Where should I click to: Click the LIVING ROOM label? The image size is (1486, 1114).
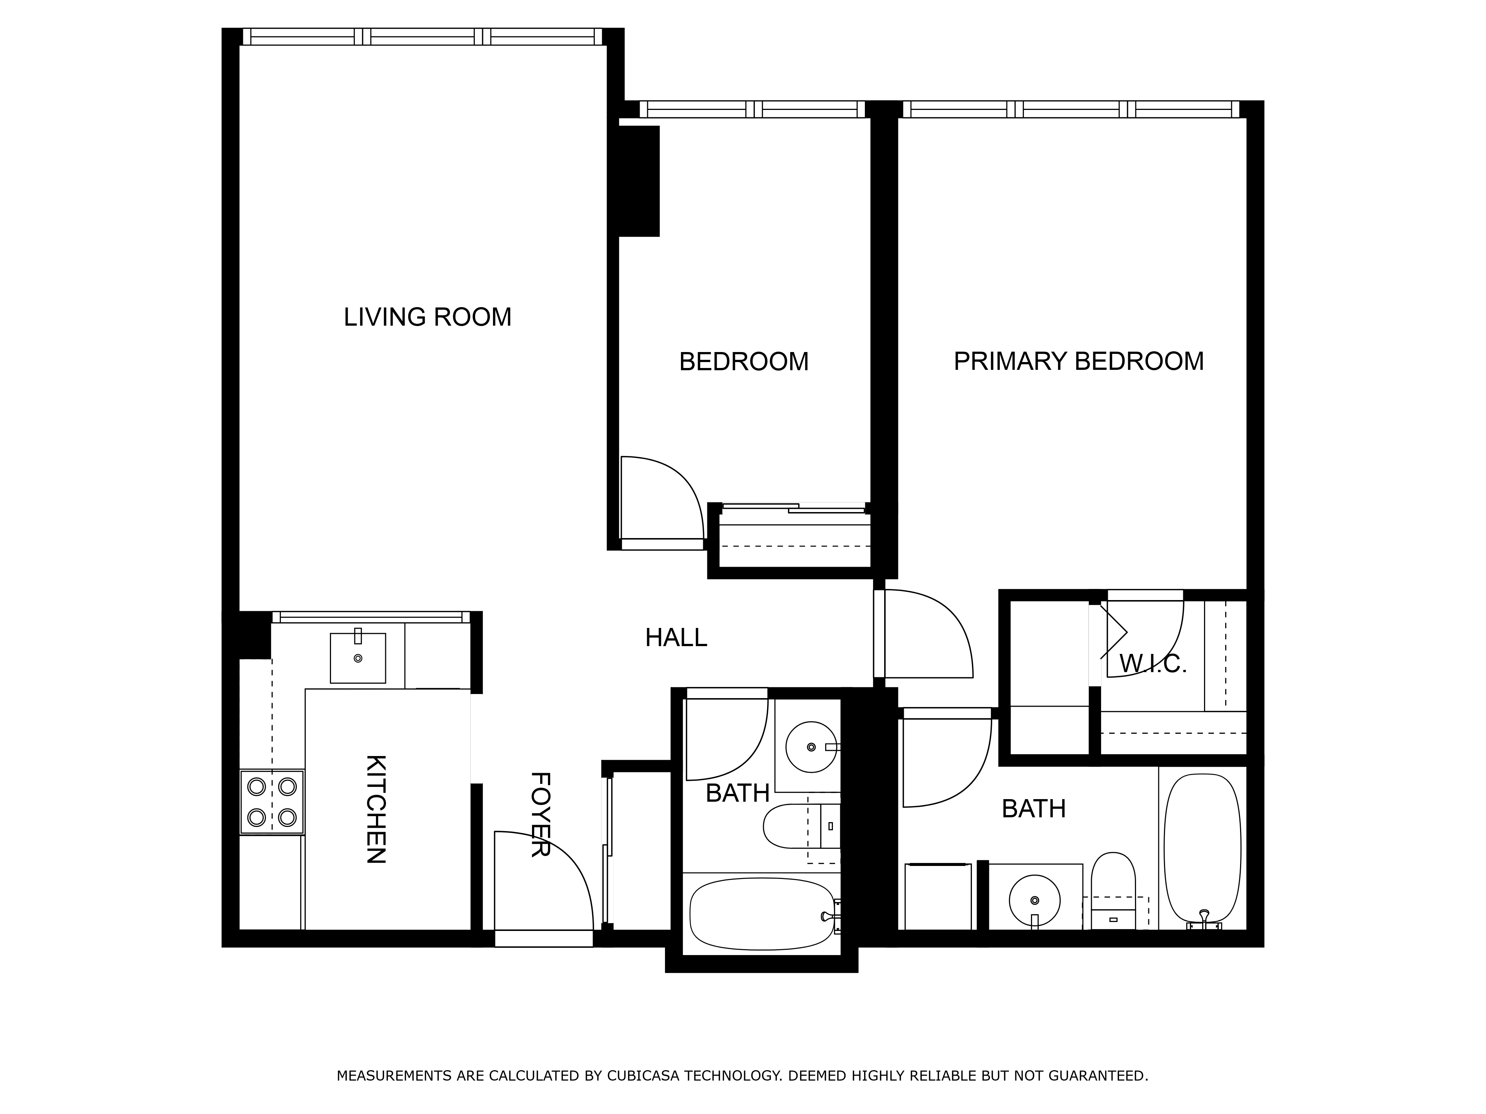click(427, 317)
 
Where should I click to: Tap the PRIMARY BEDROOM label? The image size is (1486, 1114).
click(1078, 361)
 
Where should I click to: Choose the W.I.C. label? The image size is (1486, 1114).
click(1153, 664)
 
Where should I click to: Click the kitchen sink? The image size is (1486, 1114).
click(358, 658)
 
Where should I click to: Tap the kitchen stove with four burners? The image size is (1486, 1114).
click(272, 802)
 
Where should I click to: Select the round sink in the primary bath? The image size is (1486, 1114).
click(1035, 900)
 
